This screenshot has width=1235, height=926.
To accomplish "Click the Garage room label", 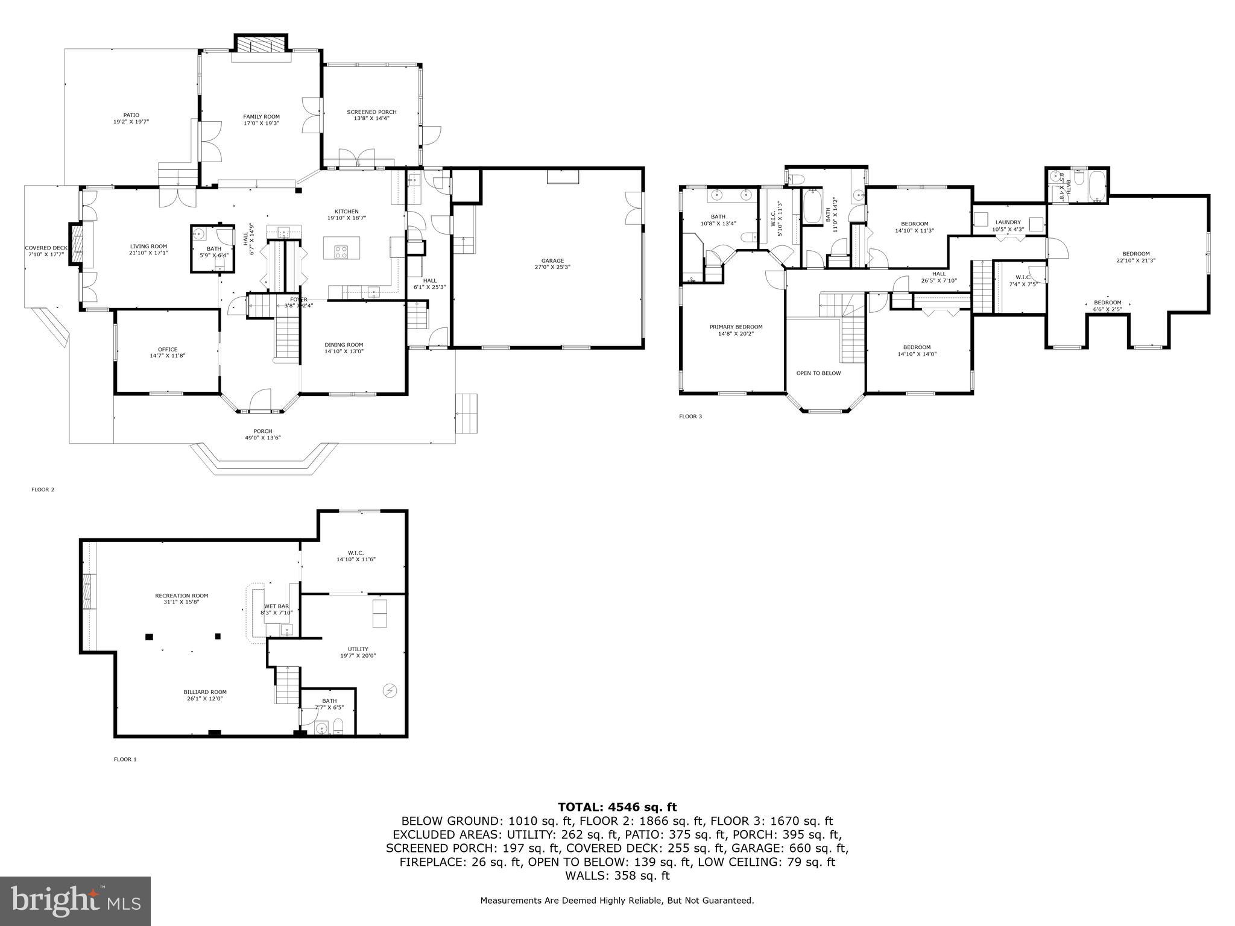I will point(552,260).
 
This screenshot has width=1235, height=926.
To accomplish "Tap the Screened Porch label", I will point(371,112).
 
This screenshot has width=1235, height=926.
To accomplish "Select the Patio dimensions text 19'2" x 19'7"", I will point(131,122).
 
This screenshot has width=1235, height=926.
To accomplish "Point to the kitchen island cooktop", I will point(341,251).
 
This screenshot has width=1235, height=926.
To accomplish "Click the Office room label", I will point(168,349).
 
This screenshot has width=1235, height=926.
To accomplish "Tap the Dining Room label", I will point(344,345).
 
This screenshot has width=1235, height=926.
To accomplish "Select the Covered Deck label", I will point(46,248).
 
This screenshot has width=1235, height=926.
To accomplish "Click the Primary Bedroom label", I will point(736,327).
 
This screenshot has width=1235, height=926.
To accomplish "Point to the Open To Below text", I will point(818,373).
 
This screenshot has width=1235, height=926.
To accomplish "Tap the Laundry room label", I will point(1008,222).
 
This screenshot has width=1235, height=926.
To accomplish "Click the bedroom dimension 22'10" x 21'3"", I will point(1136,261).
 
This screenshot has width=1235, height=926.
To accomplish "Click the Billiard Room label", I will point(205,692).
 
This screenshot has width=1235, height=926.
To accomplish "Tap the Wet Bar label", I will point(277,606).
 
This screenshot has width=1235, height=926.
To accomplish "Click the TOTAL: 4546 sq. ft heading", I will point(617,807).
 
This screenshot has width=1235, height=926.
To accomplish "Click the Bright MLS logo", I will point(75,901).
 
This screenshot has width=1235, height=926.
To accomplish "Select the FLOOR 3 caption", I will point(690,417).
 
